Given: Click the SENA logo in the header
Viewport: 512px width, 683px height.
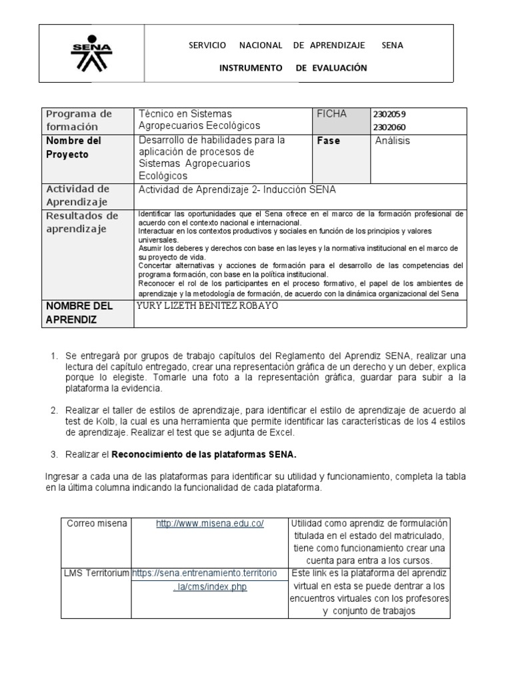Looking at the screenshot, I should click(92, 53).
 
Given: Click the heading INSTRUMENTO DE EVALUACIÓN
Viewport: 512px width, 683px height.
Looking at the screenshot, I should click(293, 68).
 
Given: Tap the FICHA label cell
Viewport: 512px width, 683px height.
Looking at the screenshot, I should click(332, 114).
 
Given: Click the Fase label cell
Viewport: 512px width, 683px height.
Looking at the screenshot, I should click(329, 141).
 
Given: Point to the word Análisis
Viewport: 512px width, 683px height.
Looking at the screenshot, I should click(393, 141).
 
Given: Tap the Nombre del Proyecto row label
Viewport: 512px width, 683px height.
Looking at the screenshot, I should click(73, 147).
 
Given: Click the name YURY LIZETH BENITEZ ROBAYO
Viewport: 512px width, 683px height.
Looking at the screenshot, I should click(207, 306).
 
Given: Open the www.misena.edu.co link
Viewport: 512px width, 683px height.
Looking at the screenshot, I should click(210, 524).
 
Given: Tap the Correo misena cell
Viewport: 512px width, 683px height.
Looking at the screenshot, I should click(97, 524).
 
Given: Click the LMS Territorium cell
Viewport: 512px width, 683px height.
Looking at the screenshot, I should click(97, 574).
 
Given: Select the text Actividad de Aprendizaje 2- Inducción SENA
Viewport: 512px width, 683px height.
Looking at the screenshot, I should click(237, 189).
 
